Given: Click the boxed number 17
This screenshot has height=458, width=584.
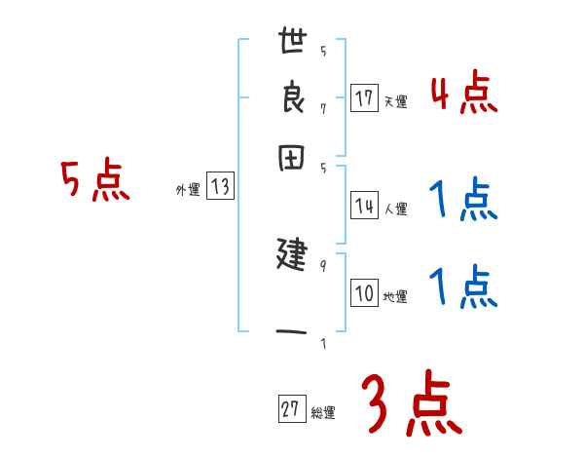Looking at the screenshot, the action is (x=364, y=98).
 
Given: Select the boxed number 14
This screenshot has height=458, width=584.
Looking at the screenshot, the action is (x=364, y=206).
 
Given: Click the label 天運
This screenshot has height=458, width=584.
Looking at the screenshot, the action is (x=394, y=101).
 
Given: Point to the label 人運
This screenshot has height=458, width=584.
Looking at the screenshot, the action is (x=395, y=209).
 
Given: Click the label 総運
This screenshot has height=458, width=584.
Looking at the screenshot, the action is (x=322, y=413).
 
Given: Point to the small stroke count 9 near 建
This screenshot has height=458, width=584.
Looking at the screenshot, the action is (x=322, y=264).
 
